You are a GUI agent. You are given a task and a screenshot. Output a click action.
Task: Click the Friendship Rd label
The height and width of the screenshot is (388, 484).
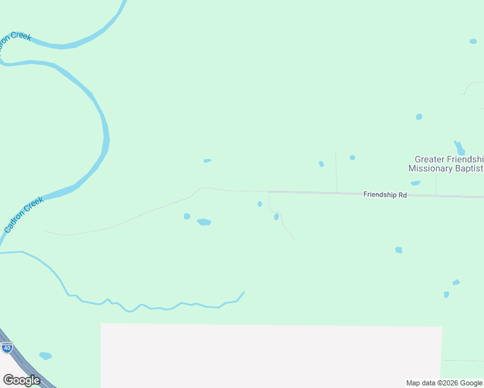click(x=384, y=194)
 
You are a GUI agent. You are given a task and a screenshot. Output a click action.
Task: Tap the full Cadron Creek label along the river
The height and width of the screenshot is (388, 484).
click(x=23, y=215)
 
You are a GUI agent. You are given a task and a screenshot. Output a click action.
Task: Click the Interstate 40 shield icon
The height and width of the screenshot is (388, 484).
click(x=7, y=347)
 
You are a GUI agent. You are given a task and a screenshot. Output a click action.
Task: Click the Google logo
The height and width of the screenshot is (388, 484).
click(x=21, y=380)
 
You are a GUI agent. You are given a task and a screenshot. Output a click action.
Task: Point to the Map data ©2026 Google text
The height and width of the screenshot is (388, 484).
click(x=444, y=383)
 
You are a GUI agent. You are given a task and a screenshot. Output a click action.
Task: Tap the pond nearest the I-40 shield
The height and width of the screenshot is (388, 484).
click(x=45, y=356)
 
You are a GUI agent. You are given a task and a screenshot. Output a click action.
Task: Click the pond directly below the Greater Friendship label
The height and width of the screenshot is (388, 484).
click(x=415, y=183)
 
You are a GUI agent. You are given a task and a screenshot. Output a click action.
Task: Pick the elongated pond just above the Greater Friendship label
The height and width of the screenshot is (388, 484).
click(x=459, y=148)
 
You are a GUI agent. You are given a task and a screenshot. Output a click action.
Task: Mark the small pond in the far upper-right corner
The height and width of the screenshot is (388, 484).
click(x=473, y=41)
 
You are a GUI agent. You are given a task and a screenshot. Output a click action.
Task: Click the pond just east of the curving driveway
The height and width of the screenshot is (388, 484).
click(x=276, y=217)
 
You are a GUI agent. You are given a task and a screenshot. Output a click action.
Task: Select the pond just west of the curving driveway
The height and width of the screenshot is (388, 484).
click(x=259, y=204)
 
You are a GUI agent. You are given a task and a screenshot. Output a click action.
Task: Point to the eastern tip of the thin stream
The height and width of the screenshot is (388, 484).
click(x=244, y=292)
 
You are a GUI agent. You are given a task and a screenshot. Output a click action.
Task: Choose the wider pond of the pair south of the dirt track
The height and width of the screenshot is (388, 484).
click(x=204, y=222)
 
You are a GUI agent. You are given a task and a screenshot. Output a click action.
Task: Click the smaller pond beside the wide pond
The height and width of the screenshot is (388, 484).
click(x=187, y=216)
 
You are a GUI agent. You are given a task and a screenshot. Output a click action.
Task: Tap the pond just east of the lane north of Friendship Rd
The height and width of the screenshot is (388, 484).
click(x=352, y=157)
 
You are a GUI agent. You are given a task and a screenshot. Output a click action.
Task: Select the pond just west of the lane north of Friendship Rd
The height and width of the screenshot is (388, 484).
click(x=322, y=164)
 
